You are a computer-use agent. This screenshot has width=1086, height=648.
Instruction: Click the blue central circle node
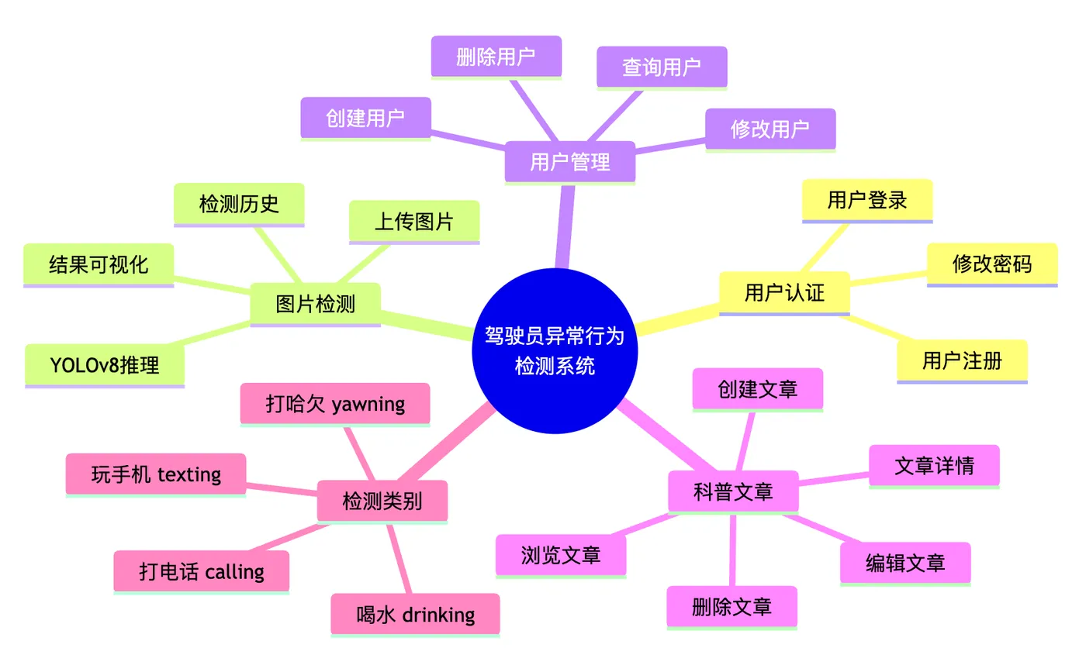coord(555,350)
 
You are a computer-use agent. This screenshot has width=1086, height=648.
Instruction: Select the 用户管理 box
coord(569,162)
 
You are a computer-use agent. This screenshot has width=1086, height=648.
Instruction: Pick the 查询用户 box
coord(662,67)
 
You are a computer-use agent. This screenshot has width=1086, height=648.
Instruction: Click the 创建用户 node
coord(365,119)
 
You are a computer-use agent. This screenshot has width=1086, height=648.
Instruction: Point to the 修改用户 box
coord(770,129)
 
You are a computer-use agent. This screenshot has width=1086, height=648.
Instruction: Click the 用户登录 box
coord(867,201)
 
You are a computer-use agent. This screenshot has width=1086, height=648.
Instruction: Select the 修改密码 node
coord(992,265)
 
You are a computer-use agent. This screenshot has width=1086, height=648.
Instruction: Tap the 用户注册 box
coord(963,362)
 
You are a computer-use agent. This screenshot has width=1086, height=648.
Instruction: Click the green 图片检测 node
coord(315,305)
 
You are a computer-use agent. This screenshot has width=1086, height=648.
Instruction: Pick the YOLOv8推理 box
coord(105,366)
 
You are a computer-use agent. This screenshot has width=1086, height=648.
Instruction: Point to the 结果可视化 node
coord(99,265)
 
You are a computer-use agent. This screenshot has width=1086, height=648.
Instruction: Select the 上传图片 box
coord(414,222)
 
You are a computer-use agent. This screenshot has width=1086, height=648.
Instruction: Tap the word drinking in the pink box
coord(439,615)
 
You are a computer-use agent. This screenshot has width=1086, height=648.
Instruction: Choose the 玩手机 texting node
coord(156,475)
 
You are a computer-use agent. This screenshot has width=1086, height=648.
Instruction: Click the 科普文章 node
coord(734,492)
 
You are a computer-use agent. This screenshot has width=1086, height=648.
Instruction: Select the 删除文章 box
coord(732,608)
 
